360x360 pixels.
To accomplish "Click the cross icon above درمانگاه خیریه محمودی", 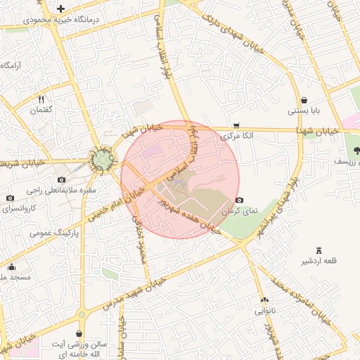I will click(x=61, y=9).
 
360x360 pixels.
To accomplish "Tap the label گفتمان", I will click(x=41, y=110).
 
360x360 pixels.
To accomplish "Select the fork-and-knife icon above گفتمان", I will click(x=41, y=99).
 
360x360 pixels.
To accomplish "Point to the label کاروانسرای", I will click(x=19, y=209).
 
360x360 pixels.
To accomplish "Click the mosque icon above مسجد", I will click(x=11, y=266).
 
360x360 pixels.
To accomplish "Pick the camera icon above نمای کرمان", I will click(x=240, y=200).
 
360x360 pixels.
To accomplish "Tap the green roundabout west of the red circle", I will click(x=103, y=161).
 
